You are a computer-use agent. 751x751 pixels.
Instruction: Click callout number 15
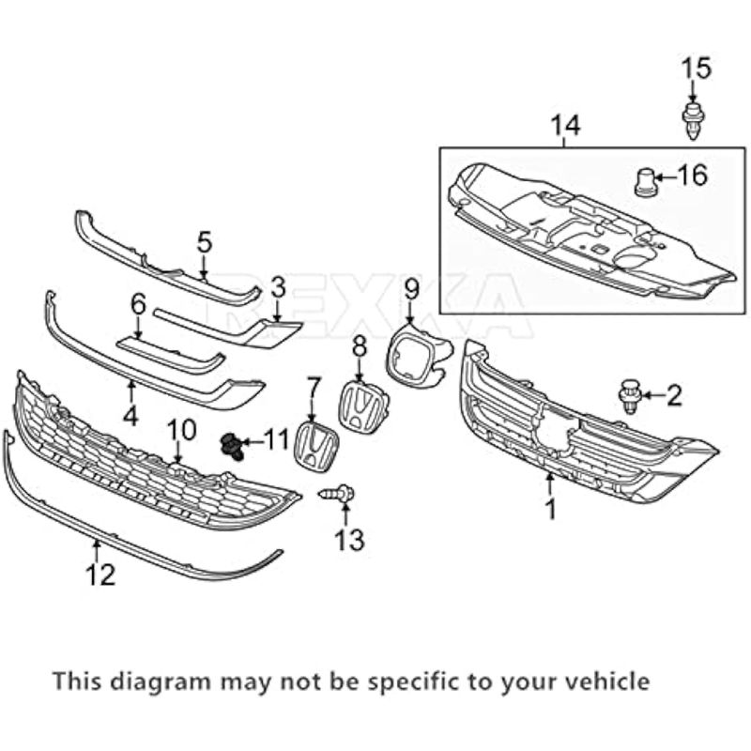coord(697,69)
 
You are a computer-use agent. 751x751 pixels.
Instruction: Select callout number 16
coord(692,175)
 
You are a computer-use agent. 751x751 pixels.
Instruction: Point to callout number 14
coord(566,125)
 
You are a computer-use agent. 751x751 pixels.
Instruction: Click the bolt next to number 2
coord(628,396)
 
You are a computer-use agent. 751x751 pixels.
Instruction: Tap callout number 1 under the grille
coord(551,510)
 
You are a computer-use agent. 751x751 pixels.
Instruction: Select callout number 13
coord(345,539)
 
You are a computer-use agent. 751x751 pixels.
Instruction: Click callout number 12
coord(101,574)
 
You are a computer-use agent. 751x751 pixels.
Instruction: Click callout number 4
coord(130,413)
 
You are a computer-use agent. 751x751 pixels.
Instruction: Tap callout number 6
coord(138,304)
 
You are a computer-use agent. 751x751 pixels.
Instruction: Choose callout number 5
coord(205,242)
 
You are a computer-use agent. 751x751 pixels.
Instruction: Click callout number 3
coord(278,286)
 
